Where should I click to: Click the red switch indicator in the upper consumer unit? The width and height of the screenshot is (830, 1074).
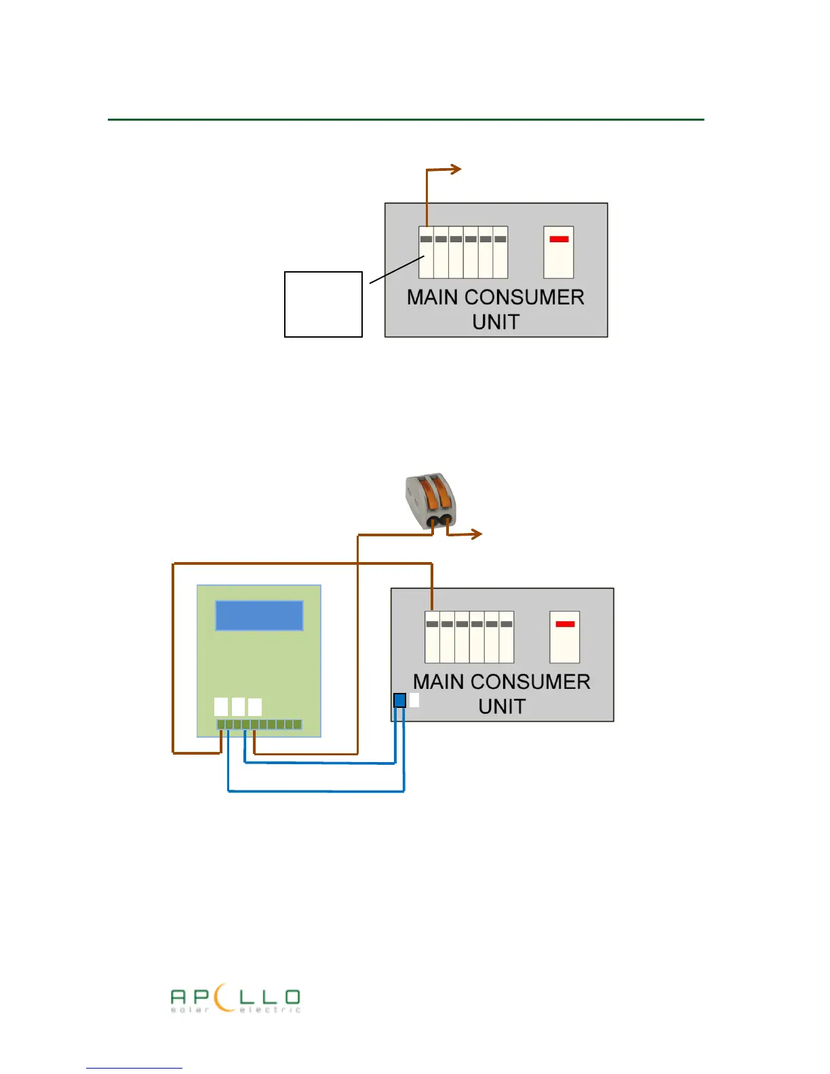tap(559, 239)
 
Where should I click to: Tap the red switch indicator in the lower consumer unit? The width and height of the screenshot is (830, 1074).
tap(565, 624)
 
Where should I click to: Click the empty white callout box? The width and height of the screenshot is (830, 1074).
tap(323, 304)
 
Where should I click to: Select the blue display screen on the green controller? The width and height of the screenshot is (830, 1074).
tap(259, 616)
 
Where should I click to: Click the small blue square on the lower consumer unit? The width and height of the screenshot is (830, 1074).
tap(400, 700)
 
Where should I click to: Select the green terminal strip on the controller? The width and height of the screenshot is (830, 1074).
tap(259, 725)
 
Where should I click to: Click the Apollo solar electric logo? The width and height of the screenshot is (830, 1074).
tap(235, 1000)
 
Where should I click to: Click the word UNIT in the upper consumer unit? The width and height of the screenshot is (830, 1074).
tap(496, 322)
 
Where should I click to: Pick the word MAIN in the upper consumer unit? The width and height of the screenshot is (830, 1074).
tap(433, 298)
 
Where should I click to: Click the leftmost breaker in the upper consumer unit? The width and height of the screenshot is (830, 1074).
tap(426, 253)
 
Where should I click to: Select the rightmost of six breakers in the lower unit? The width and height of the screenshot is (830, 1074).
tap(507, 637)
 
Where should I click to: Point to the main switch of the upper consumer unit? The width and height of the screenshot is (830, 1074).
tap(559, 252)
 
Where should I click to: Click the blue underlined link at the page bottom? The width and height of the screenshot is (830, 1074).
tap(134, 1067)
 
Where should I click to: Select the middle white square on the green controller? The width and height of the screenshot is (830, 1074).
tap(238, 707)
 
